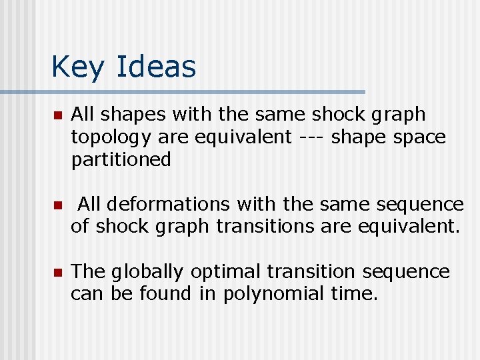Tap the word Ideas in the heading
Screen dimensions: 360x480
pyautogui.click(x=156, y=67)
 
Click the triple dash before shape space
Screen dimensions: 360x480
pyautogui.click(x=311, y=137)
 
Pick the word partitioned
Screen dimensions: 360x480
pyautogui.click(x=121, y=160)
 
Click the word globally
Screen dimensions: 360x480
pyautogui.click(x=147, y=272)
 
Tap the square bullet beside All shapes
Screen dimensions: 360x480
pyautogui.click(x=57, y=115)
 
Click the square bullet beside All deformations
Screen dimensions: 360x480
pyautogui.click(x=57, y=205)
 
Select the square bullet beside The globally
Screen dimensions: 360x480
pyautogui.click(x=57, y=273)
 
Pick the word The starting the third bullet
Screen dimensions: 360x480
pyautogui.click(x=88, y=272)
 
